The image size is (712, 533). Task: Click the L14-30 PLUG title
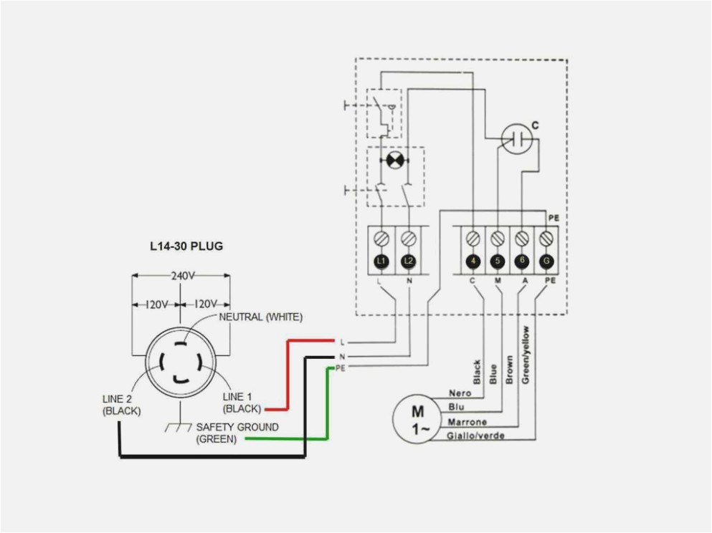pyautogui.click(x=186, y=246)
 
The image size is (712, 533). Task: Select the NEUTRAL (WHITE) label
pyautogui.click(x=261, y=317)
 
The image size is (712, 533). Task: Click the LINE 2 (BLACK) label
pyautogui.click(x=120, y=405)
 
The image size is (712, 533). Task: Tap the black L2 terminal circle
pyautogui.click(x=409, y=261)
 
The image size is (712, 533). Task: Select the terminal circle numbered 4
pyautogui.click(x=473, y=261)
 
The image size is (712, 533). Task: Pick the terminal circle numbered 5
pyautogui.click(x=498, y=261)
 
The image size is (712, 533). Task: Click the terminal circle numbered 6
pyautogui.click(x=522, y=261)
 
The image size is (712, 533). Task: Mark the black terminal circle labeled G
pyautogui.click(x=547, y=261)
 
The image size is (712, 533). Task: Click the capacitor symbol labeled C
pyautogui.click(x=518, y=137)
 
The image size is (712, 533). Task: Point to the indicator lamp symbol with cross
pyautogui.click(x=394, y=160)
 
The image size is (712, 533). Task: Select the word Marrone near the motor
pyautogui.click(x=467, y=422)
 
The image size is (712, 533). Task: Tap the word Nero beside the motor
pyautogui.click(x=460, y=393)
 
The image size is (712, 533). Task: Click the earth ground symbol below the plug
pyautogui.click(x=175, y=428)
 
